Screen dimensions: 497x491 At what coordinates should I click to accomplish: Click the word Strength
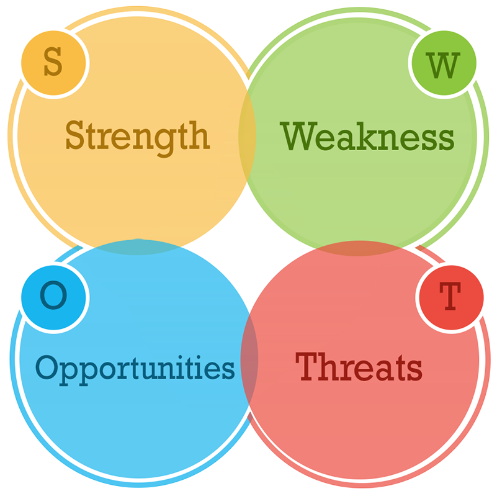[137, 138]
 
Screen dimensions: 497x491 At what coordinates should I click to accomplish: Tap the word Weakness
[367, 136]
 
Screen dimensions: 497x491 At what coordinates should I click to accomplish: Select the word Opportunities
[135, 369]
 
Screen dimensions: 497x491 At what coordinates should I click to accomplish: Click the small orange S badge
[53, 63]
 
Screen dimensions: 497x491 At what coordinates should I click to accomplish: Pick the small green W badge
[444, 63]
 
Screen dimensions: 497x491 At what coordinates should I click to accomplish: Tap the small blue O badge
[53, 297]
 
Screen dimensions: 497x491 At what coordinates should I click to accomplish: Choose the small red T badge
[451, 297]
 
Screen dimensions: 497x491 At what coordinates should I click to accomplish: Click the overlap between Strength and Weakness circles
[247, 137]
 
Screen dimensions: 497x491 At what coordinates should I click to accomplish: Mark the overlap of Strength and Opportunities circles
[137, 247]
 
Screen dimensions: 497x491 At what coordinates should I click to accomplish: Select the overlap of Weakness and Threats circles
[359, 248]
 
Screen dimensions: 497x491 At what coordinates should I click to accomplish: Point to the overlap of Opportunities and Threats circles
[249, 359]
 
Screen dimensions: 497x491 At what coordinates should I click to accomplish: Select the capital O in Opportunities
[47, 367]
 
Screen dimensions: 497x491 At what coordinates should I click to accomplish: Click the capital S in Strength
[75, 135]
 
